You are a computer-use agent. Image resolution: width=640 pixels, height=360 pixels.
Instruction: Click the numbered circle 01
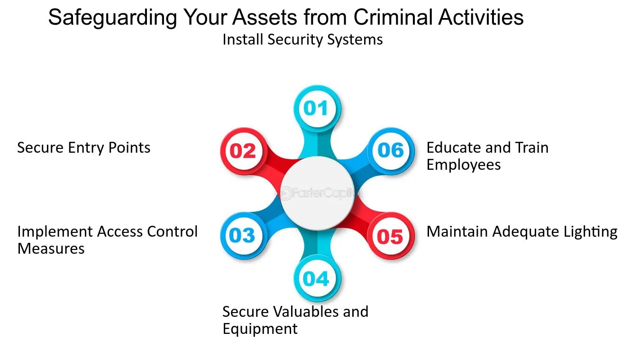click(x=317, y=108)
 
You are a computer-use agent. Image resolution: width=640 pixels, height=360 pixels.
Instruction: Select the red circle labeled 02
click(x=243, y=151)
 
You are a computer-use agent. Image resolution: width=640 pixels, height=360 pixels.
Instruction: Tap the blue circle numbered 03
click(x=243, y=236)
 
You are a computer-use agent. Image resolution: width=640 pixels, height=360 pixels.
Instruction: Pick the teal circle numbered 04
click(x=317, y=278)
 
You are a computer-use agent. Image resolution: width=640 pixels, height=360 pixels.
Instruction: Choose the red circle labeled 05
click(x=391, y=236)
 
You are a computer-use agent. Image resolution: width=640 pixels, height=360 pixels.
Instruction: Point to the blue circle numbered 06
click(x=391, y=151)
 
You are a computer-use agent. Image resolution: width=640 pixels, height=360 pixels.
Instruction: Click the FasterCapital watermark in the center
click(x=317, y=193)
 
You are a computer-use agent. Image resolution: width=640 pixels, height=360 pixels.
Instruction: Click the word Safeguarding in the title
click(x=112, y=18)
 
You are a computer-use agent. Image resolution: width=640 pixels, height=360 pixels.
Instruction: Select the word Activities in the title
click(x=481, y=17)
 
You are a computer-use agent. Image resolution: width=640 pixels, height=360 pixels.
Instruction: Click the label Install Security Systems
click(x=302, y=40)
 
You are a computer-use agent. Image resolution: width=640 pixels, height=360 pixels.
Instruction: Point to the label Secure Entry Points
click(x=84, y=148)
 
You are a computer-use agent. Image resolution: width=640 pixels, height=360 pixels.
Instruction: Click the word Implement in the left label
click(x=55, y=232)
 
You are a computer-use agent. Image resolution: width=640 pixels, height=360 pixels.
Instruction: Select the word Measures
click(x=51, y=248)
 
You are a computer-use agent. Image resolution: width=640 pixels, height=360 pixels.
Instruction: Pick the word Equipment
click(x=260, y=329)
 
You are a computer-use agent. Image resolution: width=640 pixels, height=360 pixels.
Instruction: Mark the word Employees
click(x=464, y=165)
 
